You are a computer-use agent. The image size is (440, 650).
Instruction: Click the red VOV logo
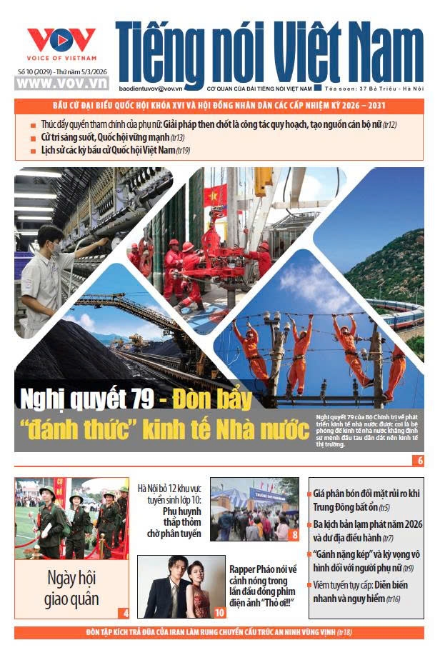coord(61,41)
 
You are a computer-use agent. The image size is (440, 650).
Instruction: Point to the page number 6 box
coord(420,460)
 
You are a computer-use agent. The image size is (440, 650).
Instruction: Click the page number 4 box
coord(125,612)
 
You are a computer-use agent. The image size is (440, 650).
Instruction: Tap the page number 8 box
coord(294,534)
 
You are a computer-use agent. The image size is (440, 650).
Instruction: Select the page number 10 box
coord(219,612)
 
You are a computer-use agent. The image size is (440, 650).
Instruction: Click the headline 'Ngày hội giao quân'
coord(71,587)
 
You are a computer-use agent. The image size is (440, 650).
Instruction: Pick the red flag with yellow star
coord(212,194)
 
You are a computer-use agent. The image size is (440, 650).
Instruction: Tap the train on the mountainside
coord(396,312)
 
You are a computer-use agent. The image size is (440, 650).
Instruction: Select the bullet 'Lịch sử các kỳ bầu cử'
coord(114,150)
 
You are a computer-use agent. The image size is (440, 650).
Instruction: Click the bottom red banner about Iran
coord(219,632)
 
